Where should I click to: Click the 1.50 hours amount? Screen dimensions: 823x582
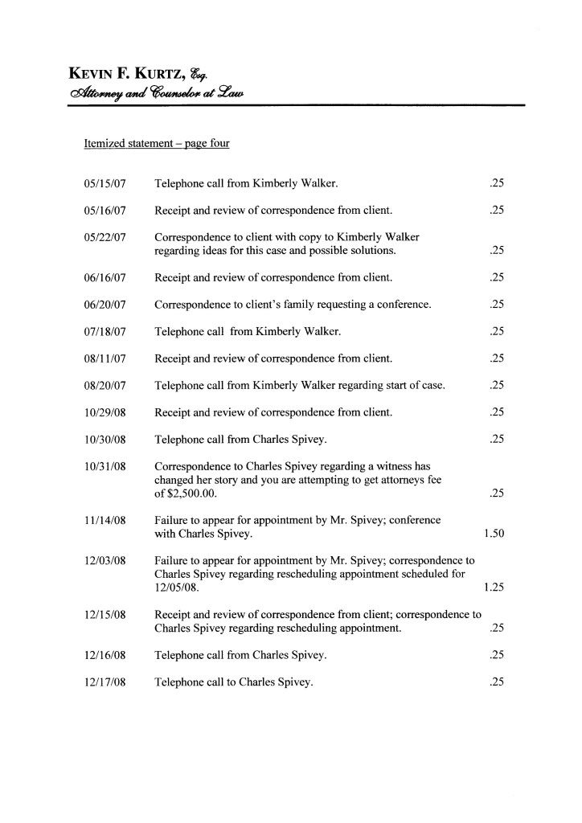coord(493,534)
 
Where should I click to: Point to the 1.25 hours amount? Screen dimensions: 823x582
coord(493,588)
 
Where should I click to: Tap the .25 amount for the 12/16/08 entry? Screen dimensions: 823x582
coord(496,656)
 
